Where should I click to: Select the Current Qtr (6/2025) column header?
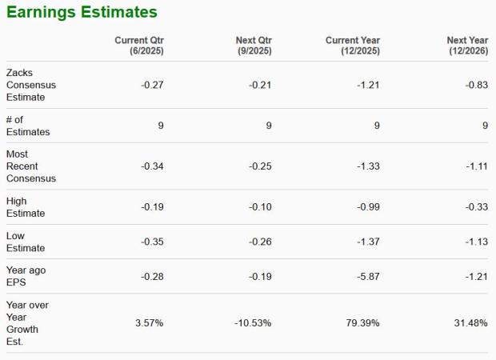(x=139, y=46)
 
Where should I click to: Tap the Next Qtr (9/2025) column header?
(x=254, y=46)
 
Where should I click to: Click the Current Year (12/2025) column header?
(x=353, y=46)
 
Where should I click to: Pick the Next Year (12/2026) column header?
(x=466, y=46)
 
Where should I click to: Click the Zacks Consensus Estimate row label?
(x=31, y=85)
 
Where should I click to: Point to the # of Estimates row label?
(x=28, y=126)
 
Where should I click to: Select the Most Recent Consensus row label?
(x=31, y=166)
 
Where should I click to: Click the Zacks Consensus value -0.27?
(x=152, y=85)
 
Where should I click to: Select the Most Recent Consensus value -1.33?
(x=367, y=166)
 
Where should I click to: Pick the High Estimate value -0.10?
(x=260, y=206)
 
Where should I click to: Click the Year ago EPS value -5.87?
(x=367, y=276)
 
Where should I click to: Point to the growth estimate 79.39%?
(x=363, y=323)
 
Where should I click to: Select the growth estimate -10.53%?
(x=253, y=323)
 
